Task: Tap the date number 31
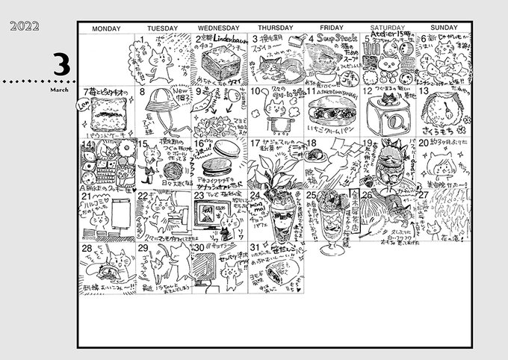[x=256, y=246]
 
